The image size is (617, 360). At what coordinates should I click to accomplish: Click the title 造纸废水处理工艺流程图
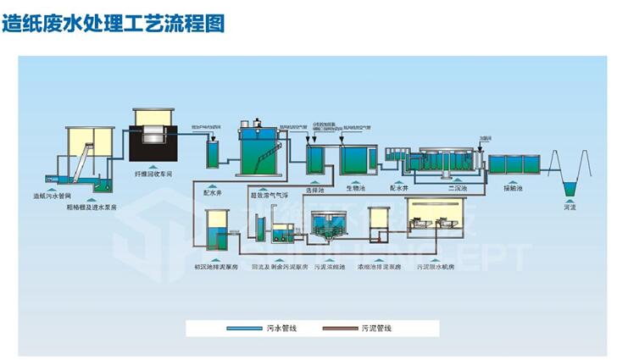(114, 24)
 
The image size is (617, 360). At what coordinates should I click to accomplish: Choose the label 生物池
(356, 191)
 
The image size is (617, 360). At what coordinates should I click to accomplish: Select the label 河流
(570, 207)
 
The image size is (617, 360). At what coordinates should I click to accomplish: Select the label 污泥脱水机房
(436, 267)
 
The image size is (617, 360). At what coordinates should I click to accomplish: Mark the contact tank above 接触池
(510, 163)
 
